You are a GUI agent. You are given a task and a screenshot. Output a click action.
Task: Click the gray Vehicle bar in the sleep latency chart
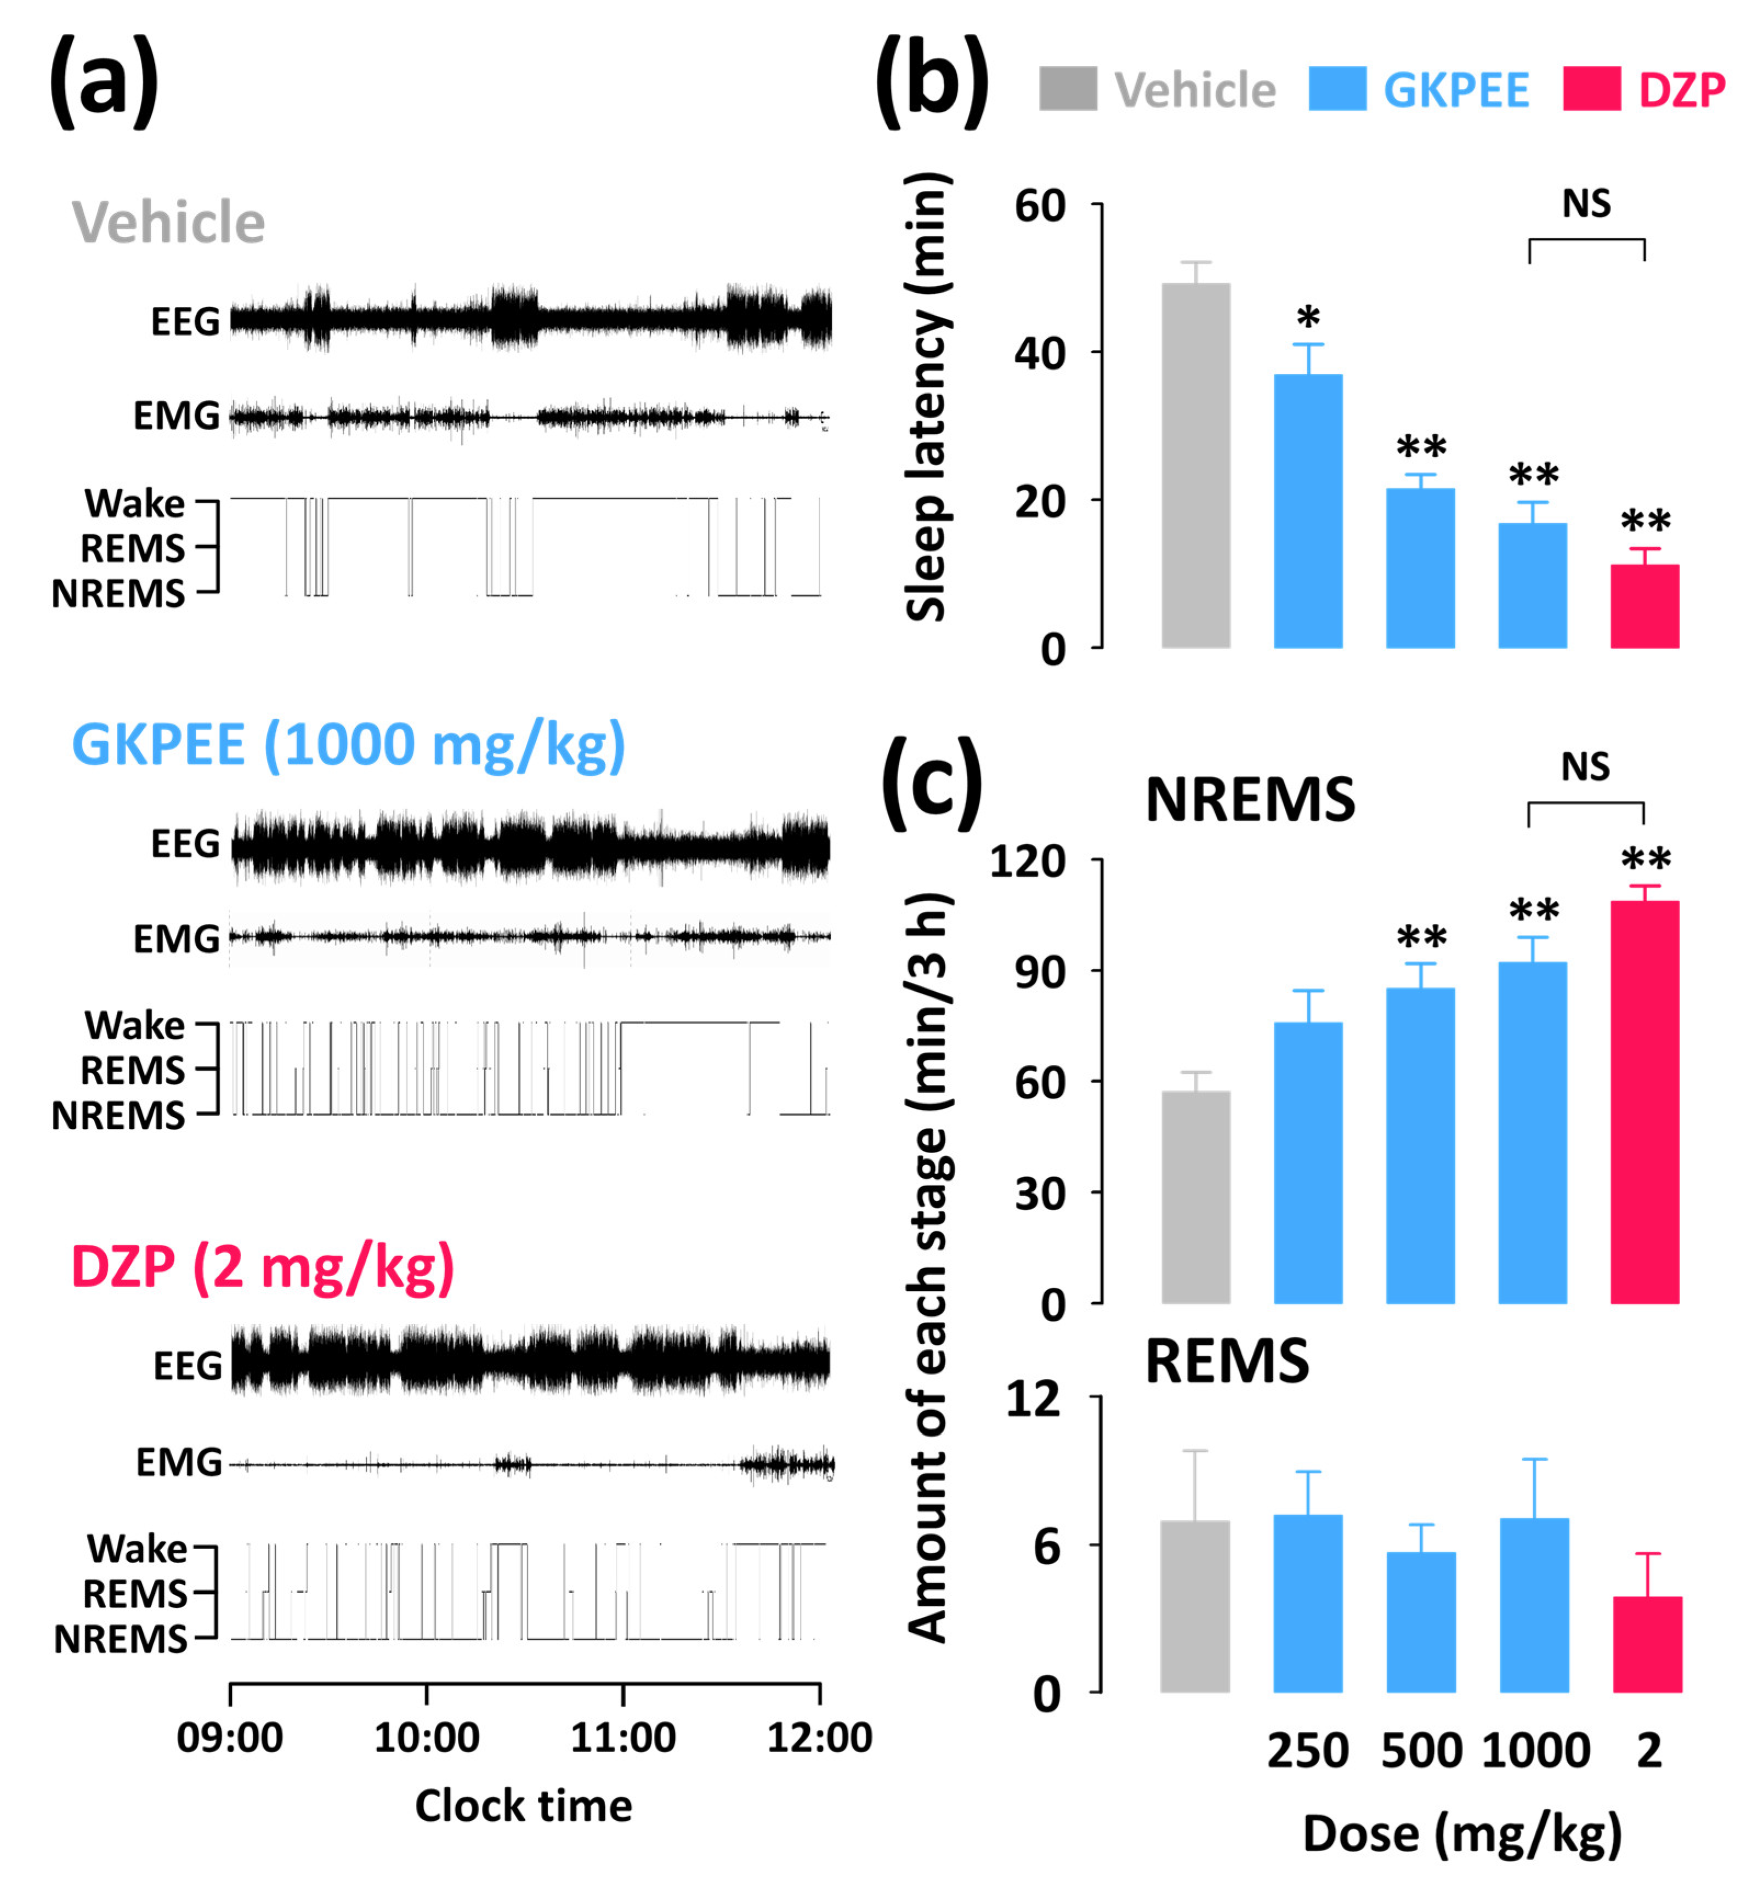pyautogui.click(x=1195, y=465)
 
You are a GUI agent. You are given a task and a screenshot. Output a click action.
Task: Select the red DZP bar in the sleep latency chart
pyautogui.click(x=1644, y=606)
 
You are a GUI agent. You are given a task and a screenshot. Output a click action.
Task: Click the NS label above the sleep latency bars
pyautogui.click(x=1586, y=204)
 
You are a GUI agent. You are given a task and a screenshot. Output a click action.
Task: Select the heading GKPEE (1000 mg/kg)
pyautogui.click(x=348, y=745)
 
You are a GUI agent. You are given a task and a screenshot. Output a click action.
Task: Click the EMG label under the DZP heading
pyautogui.click(x=178, y=1462)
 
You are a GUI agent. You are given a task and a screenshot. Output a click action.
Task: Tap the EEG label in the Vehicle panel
pyautogui.click(x=185, y=322)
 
